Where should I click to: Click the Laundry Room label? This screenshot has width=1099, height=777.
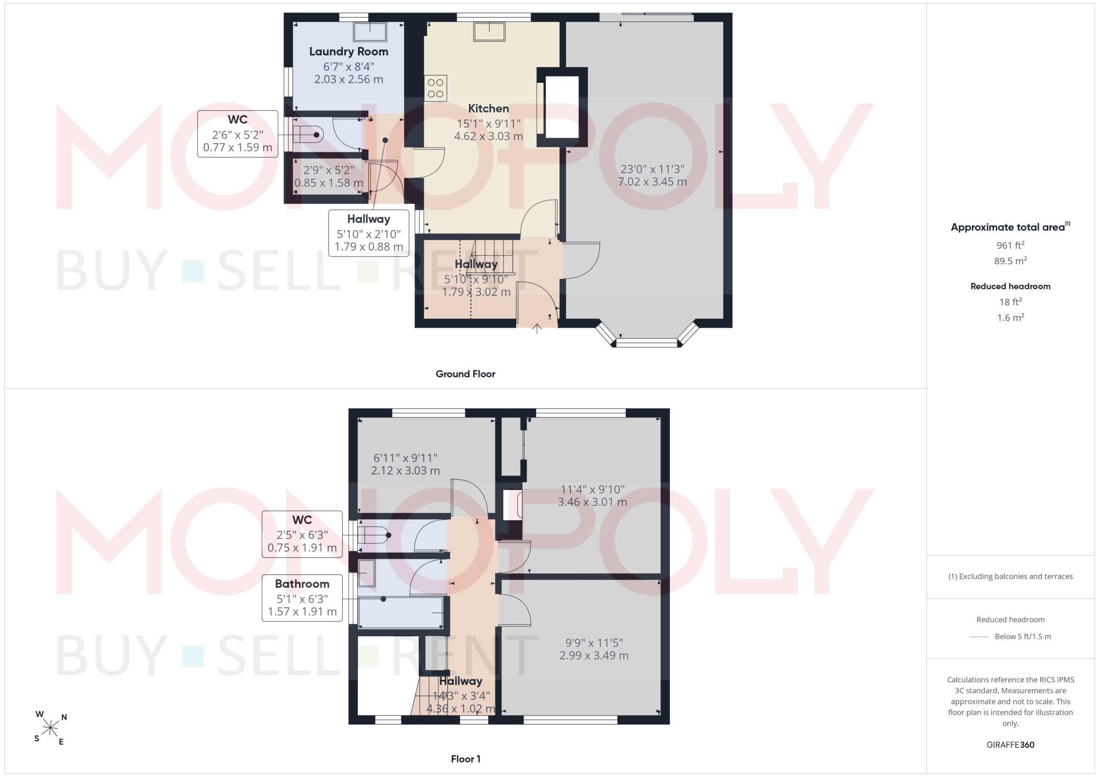point(349,51)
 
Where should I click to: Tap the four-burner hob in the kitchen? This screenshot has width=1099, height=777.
point(436,88)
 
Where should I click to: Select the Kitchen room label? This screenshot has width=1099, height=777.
point(488,109)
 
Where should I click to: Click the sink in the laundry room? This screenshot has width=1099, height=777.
point(370,32)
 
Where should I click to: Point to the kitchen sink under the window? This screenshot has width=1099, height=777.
point(489,32)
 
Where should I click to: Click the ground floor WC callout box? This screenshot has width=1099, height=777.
point(238,134)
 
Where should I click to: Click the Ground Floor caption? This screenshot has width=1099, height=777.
point(465,374)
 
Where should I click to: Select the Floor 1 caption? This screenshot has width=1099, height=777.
point(465,759)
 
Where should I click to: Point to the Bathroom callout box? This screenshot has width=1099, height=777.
point(302,598)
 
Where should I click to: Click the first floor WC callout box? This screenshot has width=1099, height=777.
point(302,534)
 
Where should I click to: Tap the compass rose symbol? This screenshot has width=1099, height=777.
point(50,728)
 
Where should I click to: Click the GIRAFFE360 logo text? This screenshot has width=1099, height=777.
point(1011,745)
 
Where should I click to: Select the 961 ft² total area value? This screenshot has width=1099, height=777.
point(1011,245)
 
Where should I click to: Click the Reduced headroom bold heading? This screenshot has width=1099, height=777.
point(1011,286)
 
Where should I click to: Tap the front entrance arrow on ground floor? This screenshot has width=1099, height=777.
point(537,329)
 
